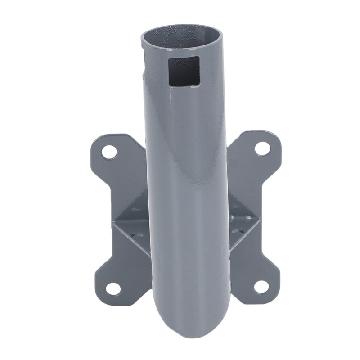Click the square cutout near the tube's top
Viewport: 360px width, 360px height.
(x=184, y=72)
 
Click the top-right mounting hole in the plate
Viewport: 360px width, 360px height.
(x=262, y=148)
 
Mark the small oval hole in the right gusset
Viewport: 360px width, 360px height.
(x=238, y=232)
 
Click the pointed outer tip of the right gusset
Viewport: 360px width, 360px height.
(x=259, y=221)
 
